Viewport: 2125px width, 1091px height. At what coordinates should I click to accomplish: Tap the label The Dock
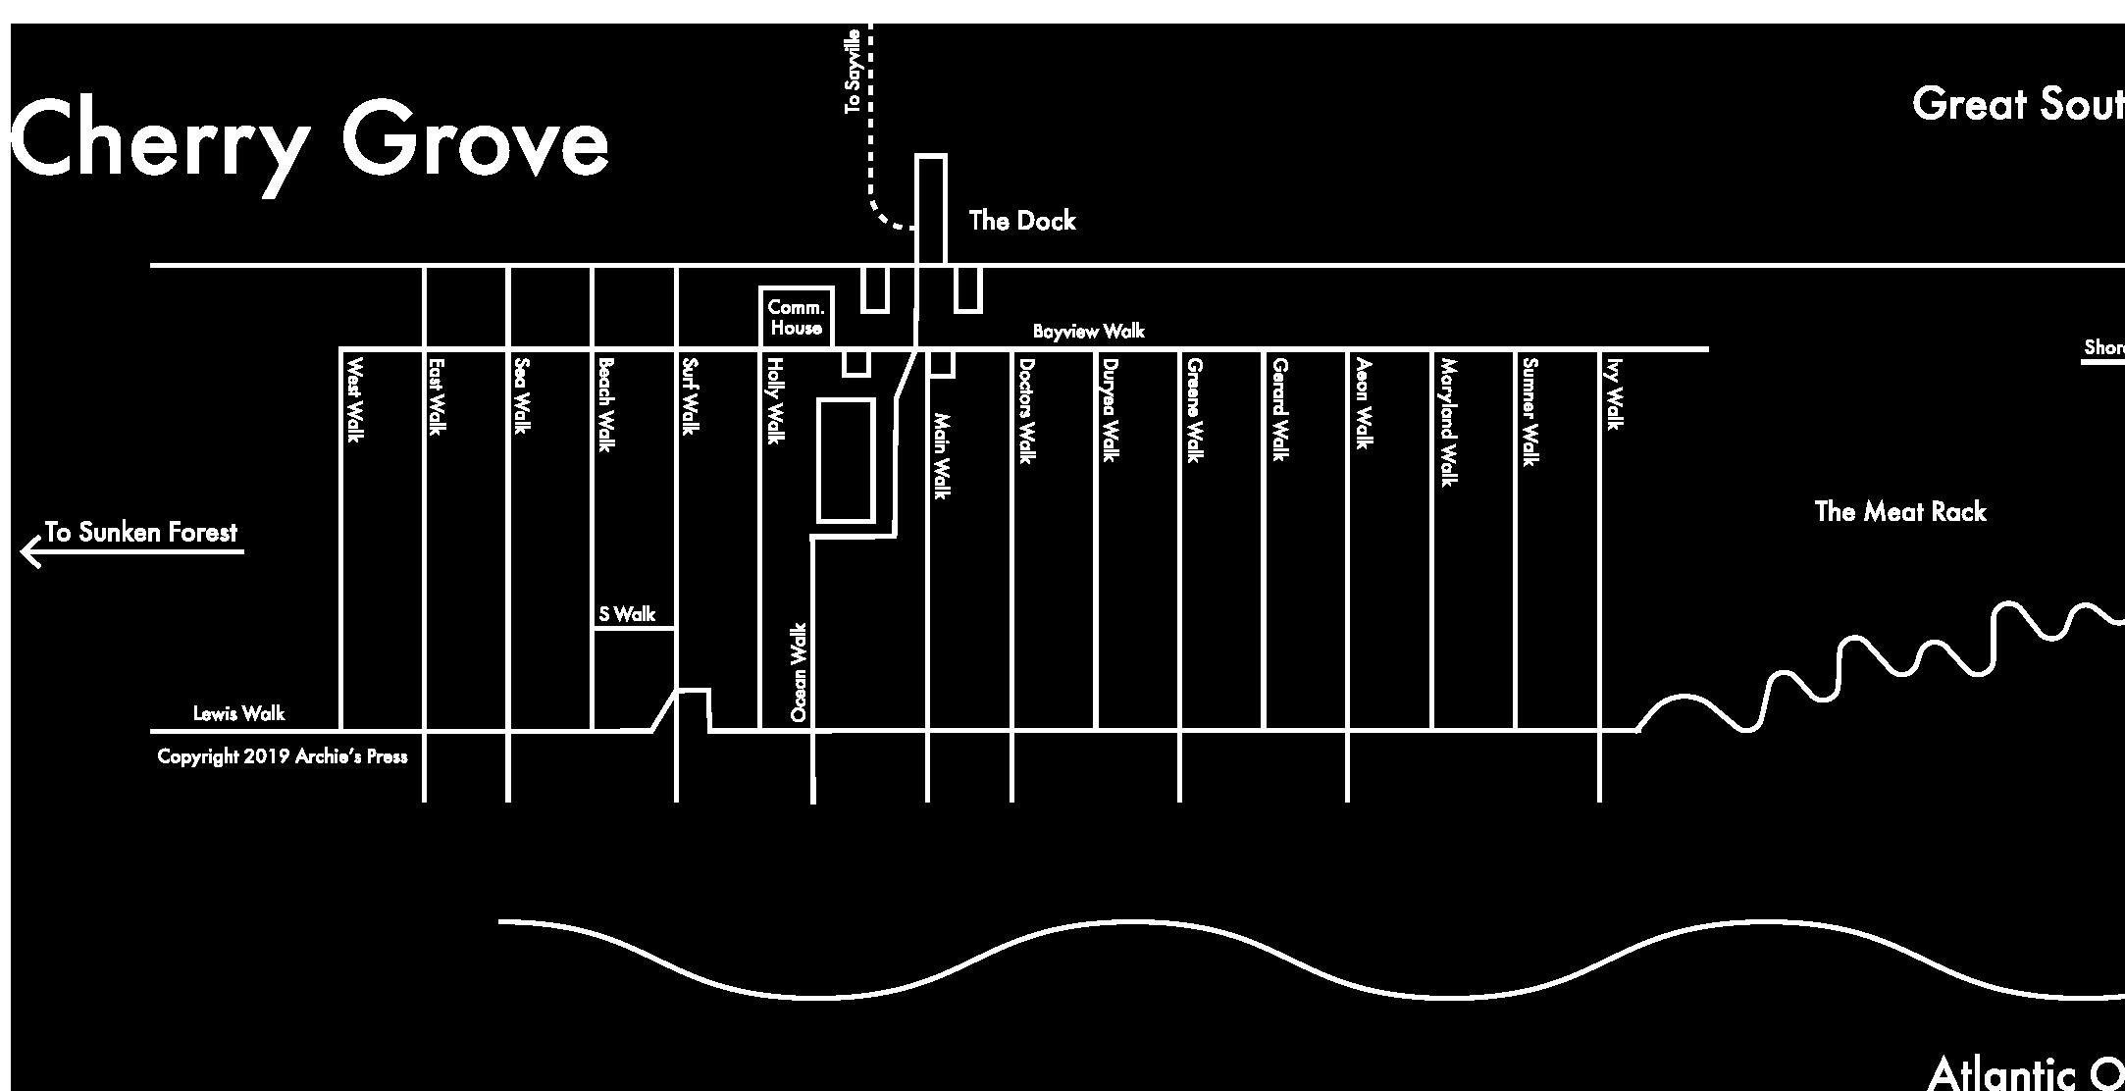tap(1021, 221)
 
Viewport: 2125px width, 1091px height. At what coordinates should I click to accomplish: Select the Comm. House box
tap(797, 317)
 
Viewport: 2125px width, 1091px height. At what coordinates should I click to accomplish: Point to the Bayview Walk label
tap(1088, 332)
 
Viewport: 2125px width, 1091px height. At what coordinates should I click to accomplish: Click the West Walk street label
tap(354, 399)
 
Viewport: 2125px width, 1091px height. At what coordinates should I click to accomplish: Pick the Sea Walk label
tap(522, 395)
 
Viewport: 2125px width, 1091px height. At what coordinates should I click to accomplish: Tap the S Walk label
tap(627, 614)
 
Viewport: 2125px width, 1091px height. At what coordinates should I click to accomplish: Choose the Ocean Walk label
tap(799, 673)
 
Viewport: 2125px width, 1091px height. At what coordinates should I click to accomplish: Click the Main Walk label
tap(941, 455)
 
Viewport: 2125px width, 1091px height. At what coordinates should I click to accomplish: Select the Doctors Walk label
tap(1026, 410)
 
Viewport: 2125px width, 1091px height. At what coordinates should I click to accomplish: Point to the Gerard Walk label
tap(1279, 408)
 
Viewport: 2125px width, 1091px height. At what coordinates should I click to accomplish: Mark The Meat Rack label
tap(1899, 511)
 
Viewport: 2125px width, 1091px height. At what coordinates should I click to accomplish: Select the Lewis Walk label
tap(238, 713)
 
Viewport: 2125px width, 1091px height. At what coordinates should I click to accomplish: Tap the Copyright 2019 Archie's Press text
tap(283, 756)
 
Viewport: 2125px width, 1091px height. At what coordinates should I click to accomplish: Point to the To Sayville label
tap(853, 71)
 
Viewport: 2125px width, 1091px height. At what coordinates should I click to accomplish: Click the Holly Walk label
tap(774, 401)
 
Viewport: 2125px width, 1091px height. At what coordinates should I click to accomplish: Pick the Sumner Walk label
tap(1529, 412)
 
